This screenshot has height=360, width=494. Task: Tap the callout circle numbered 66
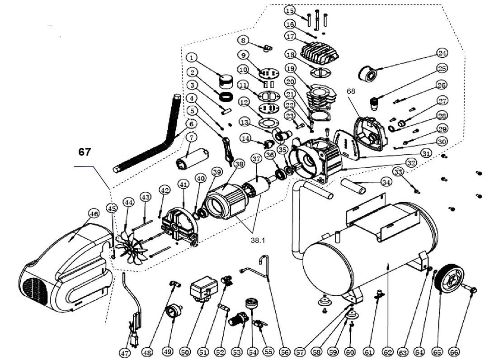pos(454,351)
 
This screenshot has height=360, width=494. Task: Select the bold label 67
pos(85,152)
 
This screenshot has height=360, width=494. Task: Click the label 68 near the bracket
pos(351,91)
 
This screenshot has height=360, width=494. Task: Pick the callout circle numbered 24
pos(441,53)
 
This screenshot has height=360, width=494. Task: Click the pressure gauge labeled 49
pos(174,311)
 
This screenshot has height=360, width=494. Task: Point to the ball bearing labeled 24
pos(368,72)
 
